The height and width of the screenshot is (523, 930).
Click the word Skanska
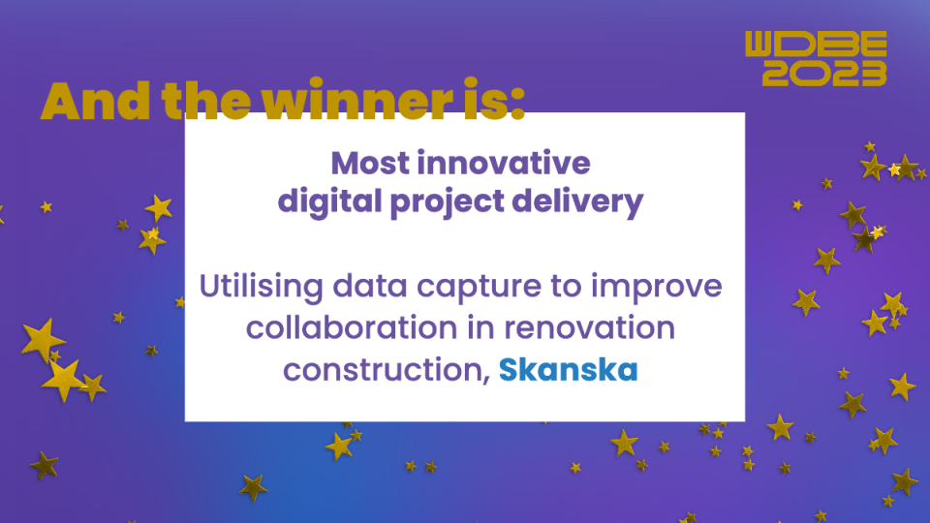tap(569, 369)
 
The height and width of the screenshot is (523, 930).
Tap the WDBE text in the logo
tap(816, 44)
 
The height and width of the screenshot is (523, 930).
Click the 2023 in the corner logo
tap(824, 73)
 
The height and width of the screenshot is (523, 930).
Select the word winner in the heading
tap(357, 100)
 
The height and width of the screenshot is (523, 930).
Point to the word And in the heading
tap(96, 101)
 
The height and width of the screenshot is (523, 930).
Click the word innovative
tap(504, 163)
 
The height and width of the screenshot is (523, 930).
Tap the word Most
tap(370, 163)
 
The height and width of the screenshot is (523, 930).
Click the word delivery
tap(577, 201)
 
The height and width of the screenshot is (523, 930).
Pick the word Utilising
tap(262, 287)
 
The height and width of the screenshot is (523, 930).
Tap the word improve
tap(657, 287)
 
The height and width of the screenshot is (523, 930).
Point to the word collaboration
tap(352, 327)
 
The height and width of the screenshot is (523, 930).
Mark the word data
tap(370, 286)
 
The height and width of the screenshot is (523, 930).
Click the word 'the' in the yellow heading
tap(206, 101)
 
